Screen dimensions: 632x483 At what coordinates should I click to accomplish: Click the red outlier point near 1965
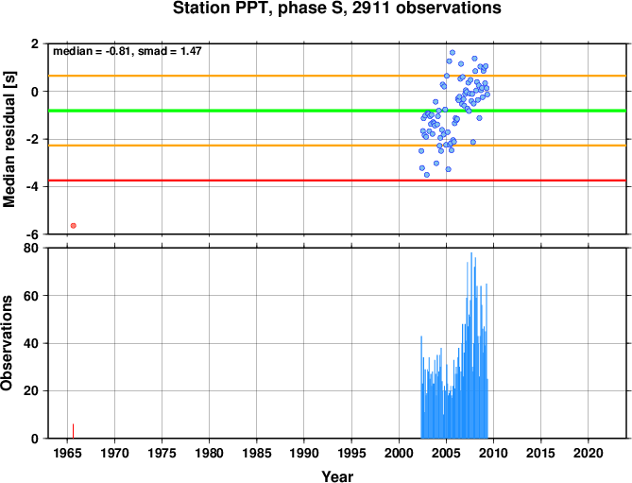(74, 226)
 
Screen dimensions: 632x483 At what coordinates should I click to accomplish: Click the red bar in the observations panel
(73, 431)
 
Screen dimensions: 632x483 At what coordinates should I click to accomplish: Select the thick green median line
(337, 111)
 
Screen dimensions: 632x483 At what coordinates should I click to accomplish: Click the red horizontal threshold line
(337, 181)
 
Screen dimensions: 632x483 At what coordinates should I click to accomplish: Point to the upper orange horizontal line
(337, 76)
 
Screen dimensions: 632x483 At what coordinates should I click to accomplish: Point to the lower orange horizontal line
(337, 146)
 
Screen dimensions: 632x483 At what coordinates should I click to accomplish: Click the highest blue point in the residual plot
(453, 53)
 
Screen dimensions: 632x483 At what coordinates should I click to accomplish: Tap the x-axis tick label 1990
(304, 453)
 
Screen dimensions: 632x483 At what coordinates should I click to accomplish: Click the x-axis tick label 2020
(588, 453)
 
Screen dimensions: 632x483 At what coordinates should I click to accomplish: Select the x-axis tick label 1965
(67, 453)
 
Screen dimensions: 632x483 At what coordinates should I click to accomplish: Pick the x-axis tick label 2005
(446, 453)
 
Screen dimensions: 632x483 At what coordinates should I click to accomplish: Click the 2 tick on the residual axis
(35, 43)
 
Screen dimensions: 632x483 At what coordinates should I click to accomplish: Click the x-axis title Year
(337, 476)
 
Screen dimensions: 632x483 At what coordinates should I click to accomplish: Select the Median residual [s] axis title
(9, 139)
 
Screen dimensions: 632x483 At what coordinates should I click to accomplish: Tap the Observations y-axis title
(7, 343)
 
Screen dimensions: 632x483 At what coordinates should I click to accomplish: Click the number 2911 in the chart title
(371, 8)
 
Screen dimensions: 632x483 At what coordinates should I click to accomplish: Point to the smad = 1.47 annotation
(170, 51)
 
